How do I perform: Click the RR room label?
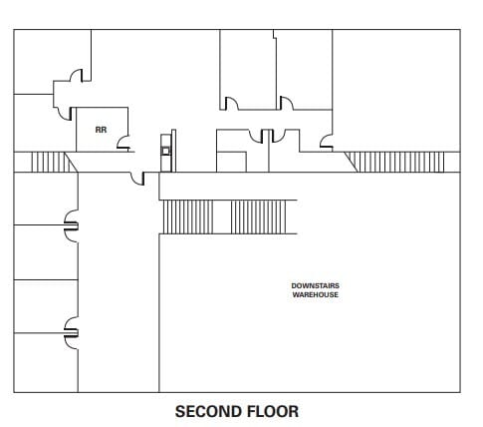click(101, 130)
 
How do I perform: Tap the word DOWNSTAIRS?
click(315, 285)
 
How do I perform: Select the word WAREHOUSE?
click(315, 294)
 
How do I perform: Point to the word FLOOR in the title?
click(273, 411)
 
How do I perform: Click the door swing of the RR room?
click(123, 143)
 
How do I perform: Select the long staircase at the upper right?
click(394, 162)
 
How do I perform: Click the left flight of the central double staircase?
click(188, 217)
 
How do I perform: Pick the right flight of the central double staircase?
click(258, 217)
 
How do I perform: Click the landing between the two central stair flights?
click(222, 217)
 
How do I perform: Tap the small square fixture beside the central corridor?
click(165, 152)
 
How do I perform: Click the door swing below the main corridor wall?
click(137, 179)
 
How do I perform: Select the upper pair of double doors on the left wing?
click(72, 226)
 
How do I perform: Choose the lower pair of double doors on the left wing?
click(72, 333)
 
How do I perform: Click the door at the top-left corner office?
click(76, 76)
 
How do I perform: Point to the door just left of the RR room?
click(65, 114)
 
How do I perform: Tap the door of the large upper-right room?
click(327, 141)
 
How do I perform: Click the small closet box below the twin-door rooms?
click(231, 162)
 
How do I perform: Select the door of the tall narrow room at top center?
click(232, 104)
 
